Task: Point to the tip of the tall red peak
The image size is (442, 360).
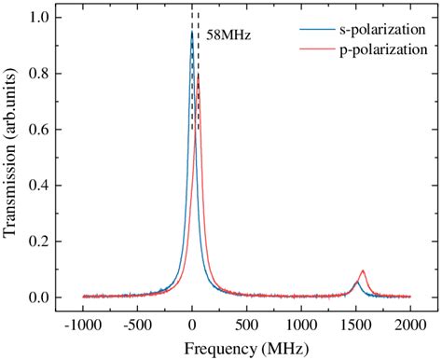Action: [199, 76]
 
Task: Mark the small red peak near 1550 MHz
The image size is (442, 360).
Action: [362, 271]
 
